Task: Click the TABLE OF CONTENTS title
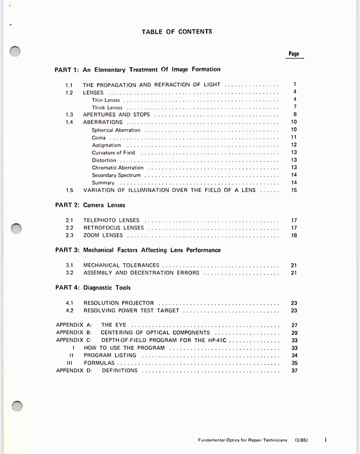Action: point(177,32)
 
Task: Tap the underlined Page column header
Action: point(294,54)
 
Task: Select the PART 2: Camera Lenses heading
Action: point(90,205)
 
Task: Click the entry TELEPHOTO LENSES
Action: point(111,220)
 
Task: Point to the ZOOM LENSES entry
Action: point(103,236)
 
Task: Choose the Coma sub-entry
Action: point(98,137)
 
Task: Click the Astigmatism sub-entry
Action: point(106,145)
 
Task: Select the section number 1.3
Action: point(69,115)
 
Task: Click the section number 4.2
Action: point(69,311)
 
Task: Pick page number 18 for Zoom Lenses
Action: point(294,236)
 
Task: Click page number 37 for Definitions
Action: point(294,371)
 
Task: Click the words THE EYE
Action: point(113,325)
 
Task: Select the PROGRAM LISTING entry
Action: point(110,355)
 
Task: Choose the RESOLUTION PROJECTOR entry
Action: point(118,303)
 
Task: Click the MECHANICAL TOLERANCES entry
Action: point(121,265)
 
